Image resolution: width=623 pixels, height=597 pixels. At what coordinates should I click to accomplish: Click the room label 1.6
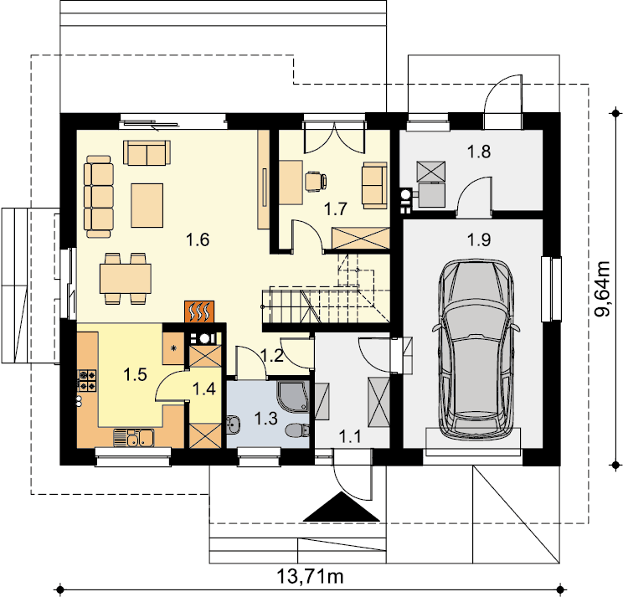coord(198,239)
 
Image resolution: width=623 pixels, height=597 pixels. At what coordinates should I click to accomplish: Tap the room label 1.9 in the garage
coord(479,239)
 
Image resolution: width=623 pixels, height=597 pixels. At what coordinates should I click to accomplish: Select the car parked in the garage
coord(476,349)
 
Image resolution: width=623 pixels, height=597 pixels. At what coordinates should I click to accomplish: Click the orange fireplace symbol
coord(199,311)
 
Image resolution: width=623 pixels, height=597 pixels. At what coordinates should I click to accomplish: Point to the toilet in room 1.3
coord(298,430)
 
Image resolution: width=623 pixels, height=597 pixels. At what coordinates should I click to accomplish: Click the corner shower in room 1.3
coord(294,396)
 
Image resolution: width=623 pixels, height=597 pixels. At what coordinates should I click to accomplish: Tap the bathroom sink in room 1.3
coord(234,425)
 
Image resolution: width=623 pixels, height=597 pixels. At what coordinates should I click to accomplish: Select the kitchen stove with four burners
coord(87,380)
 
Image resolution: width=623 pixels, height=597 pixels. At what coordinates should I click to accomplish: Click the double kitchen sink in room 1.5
coord(134,438)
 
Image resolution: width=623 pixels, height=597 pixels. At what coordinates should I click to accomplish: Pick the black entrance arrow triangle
coord(342,507)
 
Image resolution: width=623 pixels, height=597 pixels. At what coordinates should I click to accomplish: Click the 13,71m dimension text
coord(310,576)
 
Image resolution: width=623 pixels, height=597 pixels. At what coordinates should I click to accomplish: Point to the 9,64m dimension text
coord(602,288)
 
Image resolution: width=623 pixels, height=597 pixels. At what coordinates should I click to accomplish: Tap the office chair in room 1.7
coord(316,181)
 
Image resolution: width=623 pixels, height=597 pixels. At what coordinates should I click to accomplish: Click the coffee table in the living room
coord(147,205)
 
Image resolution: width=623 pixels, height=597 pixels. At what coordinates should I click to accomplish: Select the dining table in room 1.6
coord(125,279)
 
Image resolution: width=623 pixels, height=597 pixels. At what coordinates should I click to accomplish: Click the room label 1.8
coord(478,152)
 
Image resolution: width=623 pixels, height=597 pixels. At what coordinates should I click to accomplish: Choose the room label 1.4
coord(203,389)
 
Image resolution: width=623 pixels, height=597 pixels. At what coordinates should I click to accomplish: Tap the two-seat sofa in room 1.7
coord(374,185)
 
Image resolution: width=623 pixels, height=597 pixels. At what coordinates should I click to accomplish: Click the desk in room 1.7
coord(291,183)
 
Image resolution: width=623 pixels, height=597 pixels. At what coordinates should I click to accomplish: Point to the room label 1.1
coord(350,437)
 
